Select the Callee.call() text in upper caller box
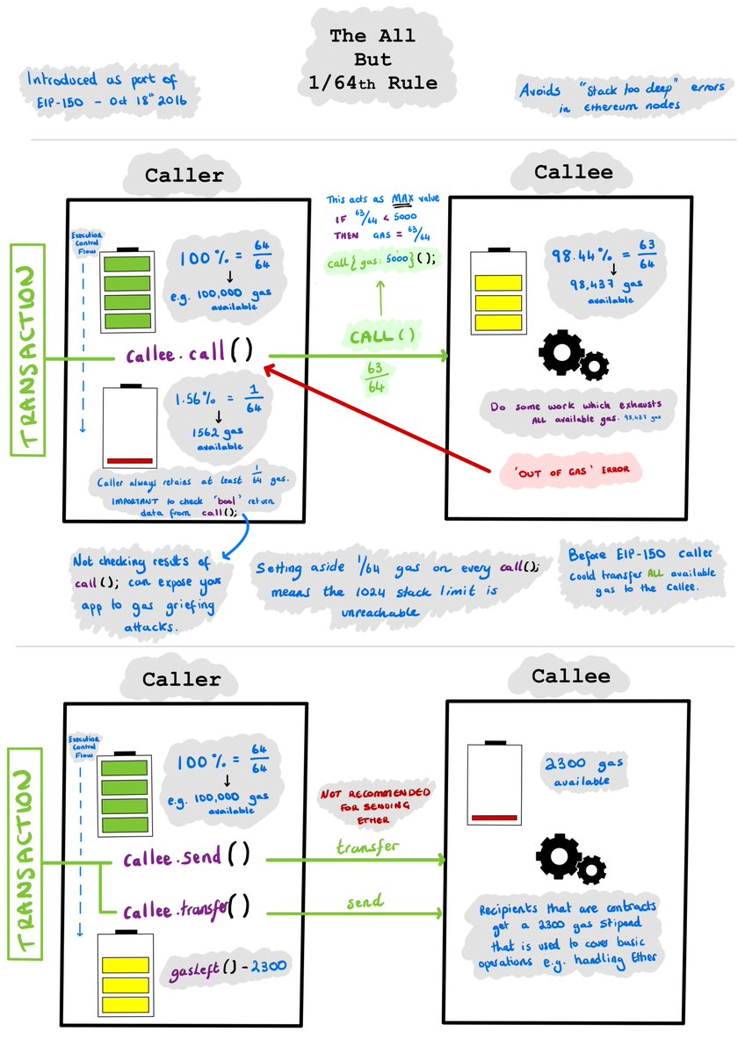tap(190, 355)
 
